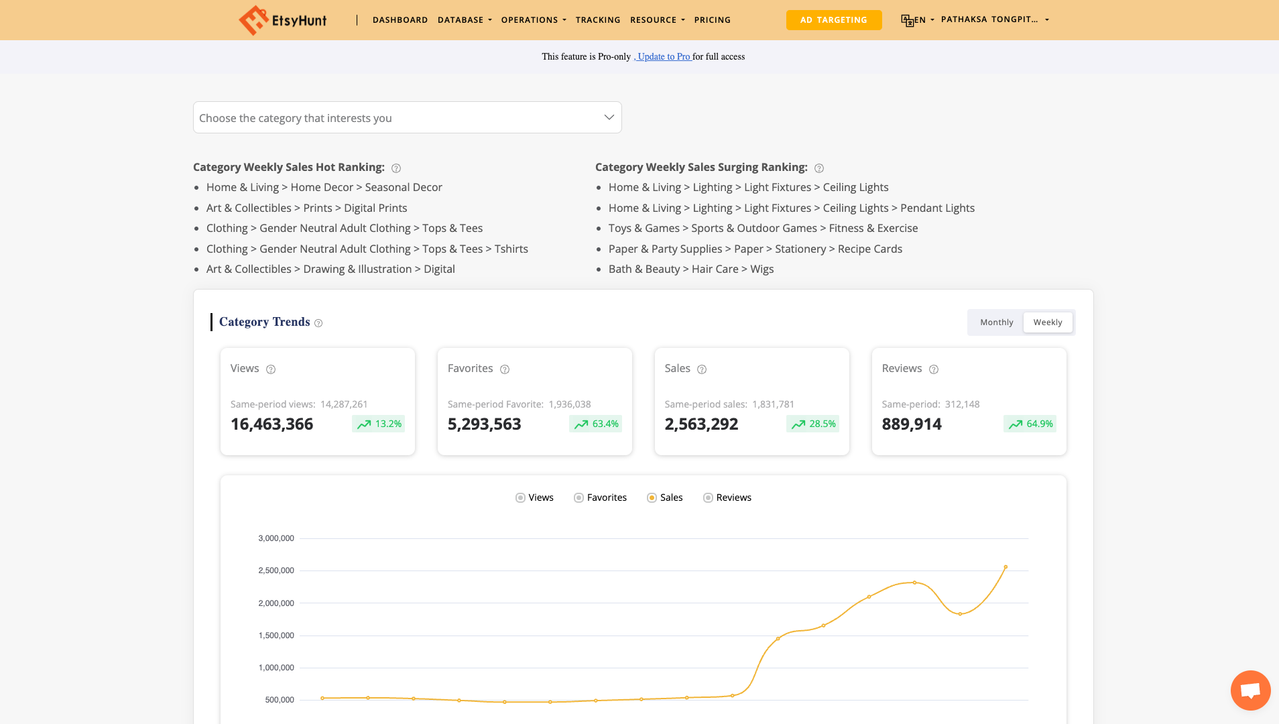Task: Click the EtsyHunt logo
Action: (283, 20)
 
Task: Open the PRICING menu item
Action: (712, 20)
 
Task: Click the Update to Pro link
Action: (664, 57)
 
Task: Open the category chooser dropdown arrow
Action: (609, 117)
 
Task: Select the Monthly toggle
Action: (996, 322)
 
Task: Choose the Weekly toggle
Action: (1047, 322)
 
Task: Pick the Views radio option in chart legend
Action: (520, 497)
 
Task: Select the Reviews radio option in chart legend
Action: (708, 497)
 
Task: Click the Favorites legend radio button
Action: (578, 497)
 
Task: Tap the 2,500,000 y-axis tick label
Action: (276, 570)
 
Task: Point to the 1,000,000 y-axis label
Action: (276, 668)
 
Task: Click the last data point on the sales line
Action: (1006, 567)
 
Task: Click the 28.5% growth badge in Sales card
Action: (812, 424)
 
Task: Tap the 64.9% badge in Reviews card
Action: (1030, 424)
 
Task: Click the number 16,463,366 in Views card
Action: (271, 424)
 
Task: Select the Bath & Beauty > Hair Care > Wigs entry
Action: (690, 269)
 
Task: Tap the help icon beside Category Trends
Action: (318, 323)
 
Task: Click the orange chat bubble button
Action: (1250, 690)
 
